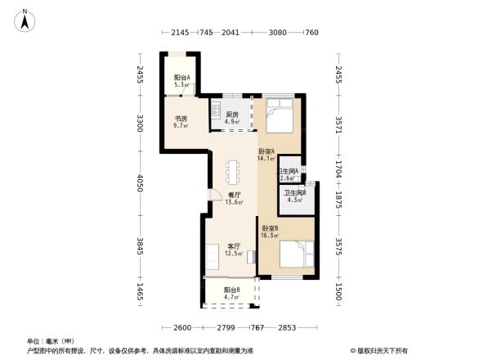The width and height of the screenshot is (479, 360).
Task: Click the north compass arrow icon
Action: coord(25,20)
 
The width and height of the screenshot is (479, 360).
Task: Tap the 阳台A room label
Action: coord(181,78)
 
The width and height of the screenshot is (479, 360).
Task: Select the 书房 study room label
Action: coord(181,119)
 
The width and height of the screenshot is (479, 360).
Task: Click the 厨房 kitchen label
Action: coord(232,115)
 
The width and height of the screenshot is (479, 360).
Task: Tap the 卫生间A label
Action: coord(288,171)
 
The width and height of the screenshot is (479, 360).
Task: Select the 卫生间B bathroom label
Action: coord(294,192)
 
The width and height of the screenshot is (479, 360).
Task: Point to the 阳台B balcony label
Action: coord(231,290)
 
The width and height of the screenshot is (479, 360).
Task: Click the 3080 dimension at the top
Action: coord(278,33)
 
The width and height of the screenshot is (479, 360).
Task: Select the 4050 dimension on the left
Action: coord(141,180)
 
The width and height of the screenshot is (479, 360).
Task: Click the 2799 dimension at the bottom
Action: coord(228,327)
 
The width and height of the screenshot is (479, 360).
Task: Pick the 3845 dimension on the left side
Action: coord(141,248)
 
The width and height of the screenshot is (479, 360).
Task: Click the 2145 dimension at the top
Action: coord(180,33)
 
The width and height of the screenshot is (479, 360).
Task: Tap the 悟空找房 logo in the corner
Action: coord(380,350)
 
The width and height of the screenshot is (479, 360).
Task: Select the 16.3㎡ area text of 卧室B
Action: coord(270,236)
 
